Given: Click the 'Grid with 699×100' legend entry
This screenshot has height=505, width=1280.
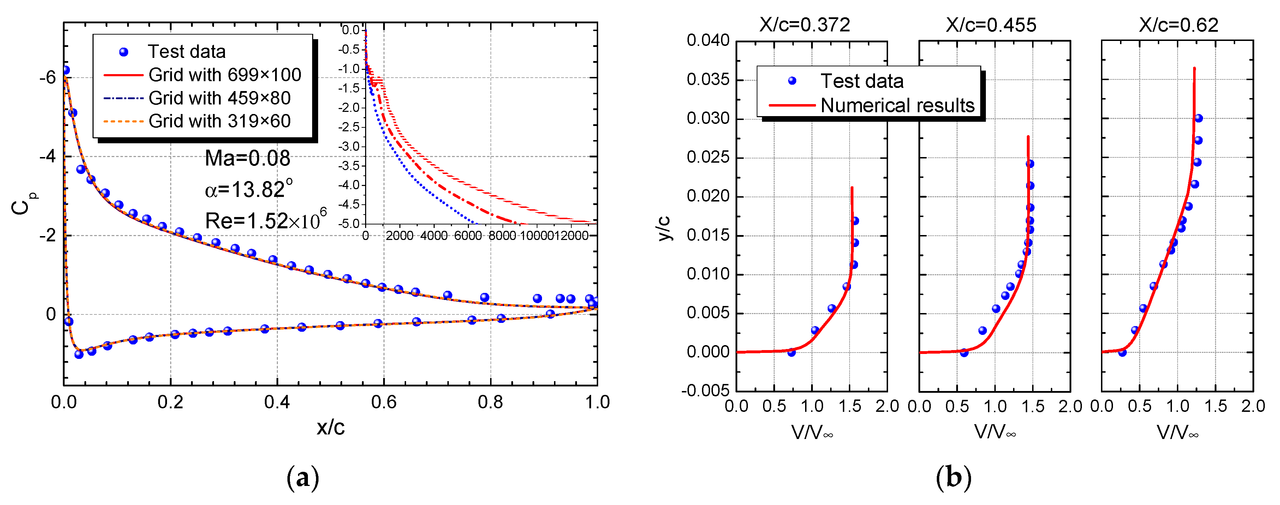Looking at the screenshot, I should click(225, 75).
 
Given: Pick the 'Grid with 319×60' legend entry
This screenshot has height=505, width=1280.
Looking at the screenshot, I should click(219, 121).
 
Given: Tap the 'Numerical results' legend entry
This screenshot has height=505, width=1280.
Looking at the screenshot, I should click(897, 105).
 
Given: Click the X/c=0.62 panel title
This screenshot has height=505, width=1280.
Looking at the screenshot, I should click(1179, 25).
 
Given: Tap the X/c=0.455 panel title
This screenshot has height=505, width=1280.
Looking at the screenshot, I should click(991, 25).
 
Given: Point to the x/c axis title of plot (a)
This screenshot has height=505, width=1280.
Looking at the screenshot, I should click(331, 427).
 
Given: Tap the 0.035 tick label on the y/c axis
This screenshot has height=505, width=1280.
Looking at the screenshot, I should click(708, 79).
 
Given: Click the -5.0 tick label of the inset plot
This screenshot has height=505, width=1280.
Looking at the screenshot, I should click(350, 224).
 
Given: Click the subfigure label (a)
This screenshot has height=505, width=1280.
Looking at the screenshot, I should click(303, 478).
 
